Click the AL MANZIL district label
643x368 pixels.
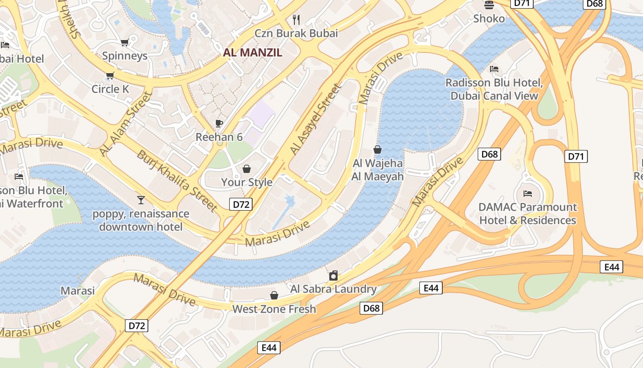point(253,52)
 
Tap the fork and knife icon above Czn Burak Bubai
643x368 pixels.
point(296,20)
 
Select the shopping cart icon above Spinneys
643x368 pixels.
point(124,43)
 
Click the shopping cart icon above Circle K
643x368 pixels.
point(110,75)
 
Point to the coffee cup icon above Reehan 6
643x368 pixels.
point(219,123)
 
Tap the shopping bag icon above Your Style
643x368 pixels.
point(247,169)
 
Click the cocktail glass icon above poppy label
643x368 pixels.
point(141,200)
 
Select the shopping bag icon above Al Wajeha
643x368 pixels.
point(378,149)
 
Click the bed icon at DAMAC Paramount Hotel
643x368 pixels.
point(528,193)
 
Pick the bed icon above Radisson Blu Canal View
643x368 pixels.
point(494,69)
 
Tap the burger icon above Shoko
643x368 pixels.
point(489,5)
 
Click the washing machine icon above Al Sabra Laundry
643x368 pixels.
point(333,276)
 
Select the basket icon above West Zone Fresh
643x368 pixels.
point(274,295)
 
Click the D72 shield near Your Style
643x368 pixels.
point(241,204)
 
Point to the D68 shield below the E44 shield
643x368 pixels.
point(371,308)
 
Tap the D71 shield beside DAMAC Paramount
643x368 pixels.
point(576,156)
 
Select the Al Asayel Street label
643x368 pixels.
point(316,119)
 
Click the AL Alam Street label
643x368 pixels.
point(125,123)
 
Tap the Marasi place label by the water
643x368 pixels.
point(78,291)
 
